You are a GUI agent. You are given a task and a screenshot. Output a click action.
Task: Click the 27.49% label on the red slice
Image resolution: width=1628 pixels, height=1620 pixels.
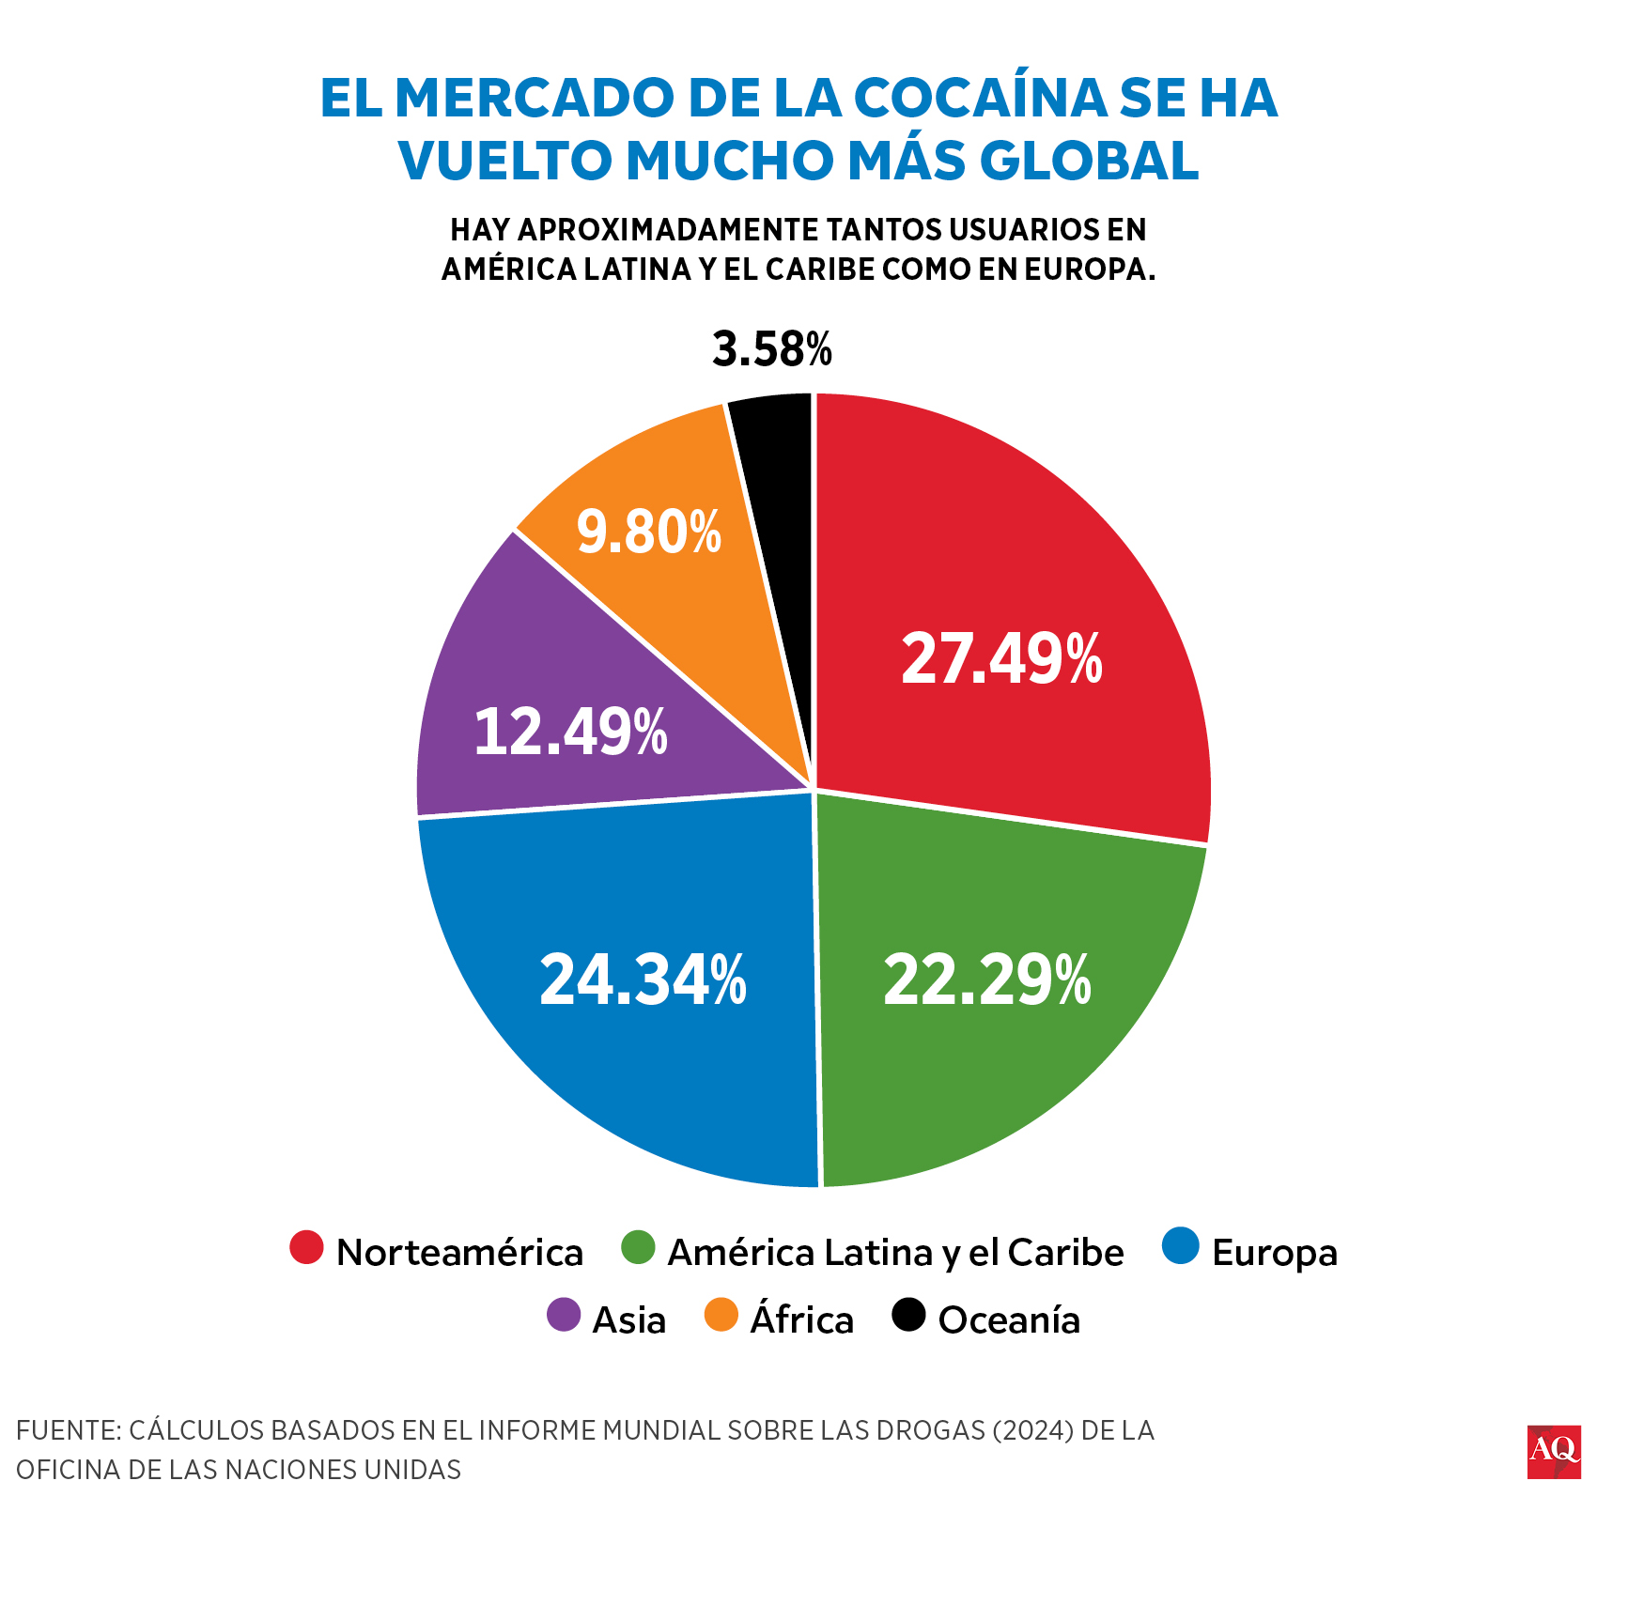pos(1001,658)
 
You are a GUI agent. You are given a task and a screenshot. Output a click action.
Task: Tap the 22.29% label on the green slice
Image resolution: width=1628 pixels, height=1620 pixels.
pos(986,980)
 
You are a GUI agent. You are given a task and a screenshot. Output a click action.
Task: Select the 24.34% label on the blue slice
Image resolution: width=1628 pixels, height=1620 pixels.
pos(643,980)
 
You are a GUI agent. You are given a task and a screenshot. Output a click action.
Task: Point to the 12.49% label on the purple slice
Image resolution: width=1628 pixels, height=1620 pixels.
pos(570,732)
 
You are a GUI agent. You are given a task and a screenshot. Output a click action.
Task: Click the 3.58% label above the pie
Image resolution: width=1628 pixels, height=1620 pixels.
pos(771,348)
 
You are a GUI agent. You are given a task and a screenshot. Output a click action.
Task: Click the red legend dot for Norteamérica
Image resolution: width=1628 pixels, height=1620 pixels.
pos(306,1247)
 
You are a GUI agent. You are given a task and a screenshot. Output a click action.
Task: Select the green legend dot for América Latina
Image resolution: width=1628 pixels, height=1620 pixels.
pos(638,1247)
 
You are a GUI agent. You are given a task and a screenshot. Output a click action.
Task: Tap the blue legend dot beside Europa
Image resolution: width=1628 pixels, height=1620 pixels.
pos(1181,1246)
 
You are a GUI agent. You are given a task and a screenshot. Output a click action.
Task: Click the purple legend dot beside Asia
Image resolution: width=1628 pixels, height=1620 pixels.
pos(564,1315)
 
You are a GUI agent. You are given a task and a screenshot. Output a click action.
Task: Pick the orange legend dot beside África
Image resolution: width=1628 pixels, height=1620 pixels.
pos(721,1315)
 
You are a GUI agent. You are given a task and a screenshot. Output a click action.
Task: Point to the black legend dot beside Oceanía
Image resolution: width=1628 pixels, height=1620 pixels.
pos(908,1315)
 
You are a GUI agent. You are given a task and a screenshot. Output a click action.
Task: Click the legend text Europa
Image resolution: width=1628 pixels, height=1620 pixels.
pos(1274,1253)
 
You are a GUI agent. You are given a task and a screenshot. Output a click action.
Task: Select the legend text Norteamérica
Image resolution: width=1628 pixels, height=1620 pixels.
pos(459,1253)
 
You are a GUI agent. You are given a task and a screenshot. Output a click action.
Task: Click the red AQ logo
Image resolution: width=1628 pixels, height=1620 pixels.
pos(1553,1452)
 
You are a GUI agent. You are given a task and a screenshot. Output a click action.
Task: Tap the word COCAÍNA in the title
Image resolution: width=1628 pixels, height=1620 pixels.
pos(980,98)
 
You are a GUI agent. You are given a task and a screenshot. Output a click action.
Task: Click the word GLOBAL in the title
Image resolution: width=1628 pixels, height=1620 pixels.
pos(1089,160)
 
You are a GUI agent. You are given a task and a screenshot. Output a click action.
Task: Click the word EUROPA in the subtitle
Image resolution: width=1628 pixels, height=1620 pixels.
pos(1085,270)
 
